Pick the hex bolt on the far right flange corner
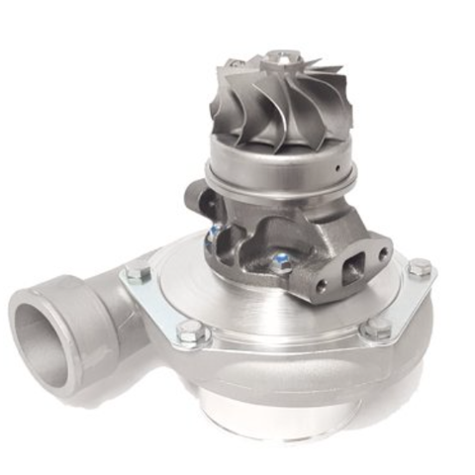click(x=420, y=268)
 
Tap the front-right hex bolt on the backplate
click(x=376, y=329)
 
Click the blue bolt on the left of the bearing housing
click(x=214, y=234)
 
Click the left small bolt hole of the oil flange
click(x=321, y=287)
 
